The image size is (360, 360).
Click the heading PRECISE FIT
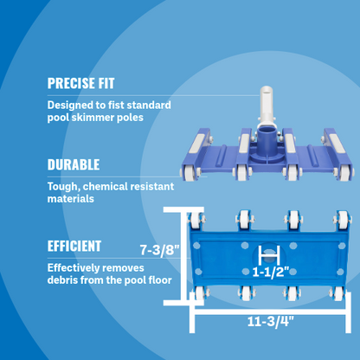click(80, 83)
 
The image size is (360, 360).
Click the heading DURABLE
click(74, 164)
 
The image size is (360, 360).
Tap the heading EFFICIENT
click(74, 247)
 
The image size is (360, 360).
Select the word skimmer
click(93, 118)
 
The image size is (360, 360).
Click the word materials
click(71, 199)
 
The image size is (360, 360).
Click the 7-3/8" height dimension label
click(159, 250)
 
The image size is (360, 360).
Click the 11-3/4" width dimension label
click(270, 322)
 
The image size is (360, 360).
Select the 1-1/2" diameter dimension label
click(271, 272)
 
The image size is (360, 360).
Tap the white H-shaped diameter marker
click(269, 255)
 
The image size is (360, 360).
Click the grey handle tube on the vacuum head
click(266, 106)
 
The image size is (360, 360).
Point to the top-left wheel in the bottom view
click(196, 220)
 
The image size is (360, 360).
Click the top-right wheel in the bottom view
click(343, 220)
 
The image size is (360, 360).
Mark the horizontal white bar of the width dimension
click(270, 312)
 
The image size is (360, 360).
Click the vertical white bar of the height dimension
click(183, 256)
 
